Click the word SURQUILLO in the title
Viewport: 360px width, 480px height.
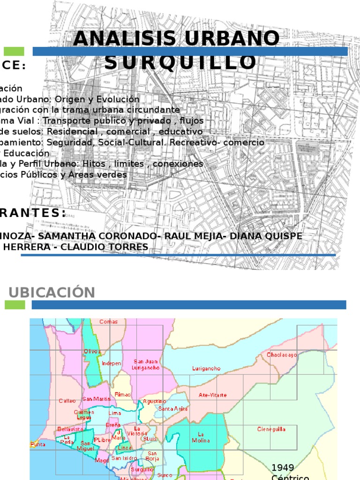point(180,62)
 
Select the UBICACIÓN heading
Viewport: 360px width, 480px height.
point(52,292)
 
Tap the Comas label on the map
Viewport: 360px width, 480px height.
point(108,322)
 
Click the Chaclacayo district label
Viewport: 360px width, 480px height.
point(282,355)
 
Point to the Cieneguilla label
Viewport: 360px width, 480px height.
point(271,429)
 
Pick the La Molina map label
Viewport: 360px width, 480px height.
point(201,437)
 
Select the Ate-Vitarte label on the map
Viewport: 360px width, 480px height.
point(212,395)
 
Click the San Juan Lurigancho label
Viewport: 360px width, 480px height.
point(146,365)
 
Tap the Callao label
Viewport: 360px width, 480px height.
point(67,401)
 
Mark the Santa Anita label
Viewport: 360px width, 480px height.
point(172,409)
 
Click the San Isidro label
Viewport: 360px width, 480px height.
point(124,458)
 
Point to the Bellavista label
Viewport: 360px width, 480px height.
point(70,429)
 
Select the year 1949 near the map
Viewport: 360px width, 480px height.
point(283,467)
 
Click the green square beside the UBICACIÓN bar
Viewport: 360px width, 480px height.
point(15,305)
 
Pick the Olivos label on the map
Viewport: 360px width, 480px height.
point(92,352)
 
